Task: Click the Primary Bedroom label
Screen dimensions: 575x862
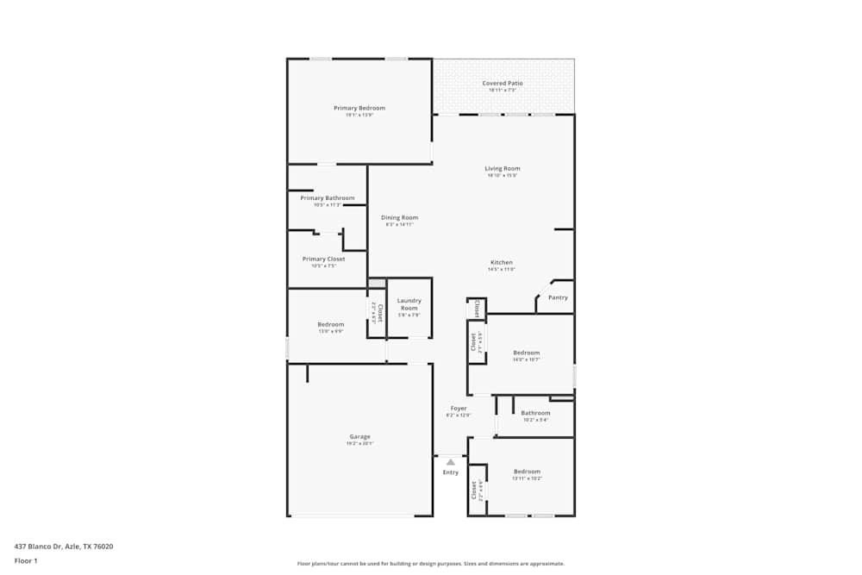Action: point(359,108)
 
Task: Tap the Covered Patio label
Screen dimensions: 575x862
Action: point(503,83)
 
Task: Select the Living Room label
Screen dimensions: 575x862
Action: point(503,168)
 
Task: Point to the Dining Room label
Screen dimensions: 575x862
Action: point(400,217)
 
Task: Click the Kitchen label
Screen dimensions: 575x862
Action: point(502,262)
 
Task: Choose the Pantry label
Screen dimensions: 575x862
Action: point(558,297)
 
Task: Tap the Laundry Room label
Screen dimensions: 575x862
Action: point(409,304)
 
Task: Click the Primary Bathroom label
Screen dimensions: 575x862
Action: point(328,197)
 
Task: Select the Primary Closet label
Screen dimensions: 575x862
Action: point(323,259)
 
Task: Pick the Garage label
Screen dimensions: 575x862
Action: point(359,436)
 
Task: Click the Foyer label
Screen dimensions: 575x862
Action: point(459,408)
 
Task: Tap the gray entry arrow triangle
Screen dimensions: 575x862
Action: point(451,462)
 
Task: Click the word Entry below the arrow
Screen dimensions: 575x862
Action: point(451,472)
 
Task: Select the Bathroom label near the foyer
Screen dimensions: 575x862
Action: point(535,412)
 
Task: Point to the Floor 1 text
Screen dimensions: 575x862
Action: point(26,560)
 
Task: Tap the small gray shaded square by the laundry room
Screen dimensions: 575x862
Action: point(377,282)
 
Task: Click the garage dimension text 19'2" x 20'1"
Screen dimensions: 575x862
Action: point(359,444)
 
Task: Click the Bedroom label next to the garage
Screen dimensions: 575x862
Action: point(330,324)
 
